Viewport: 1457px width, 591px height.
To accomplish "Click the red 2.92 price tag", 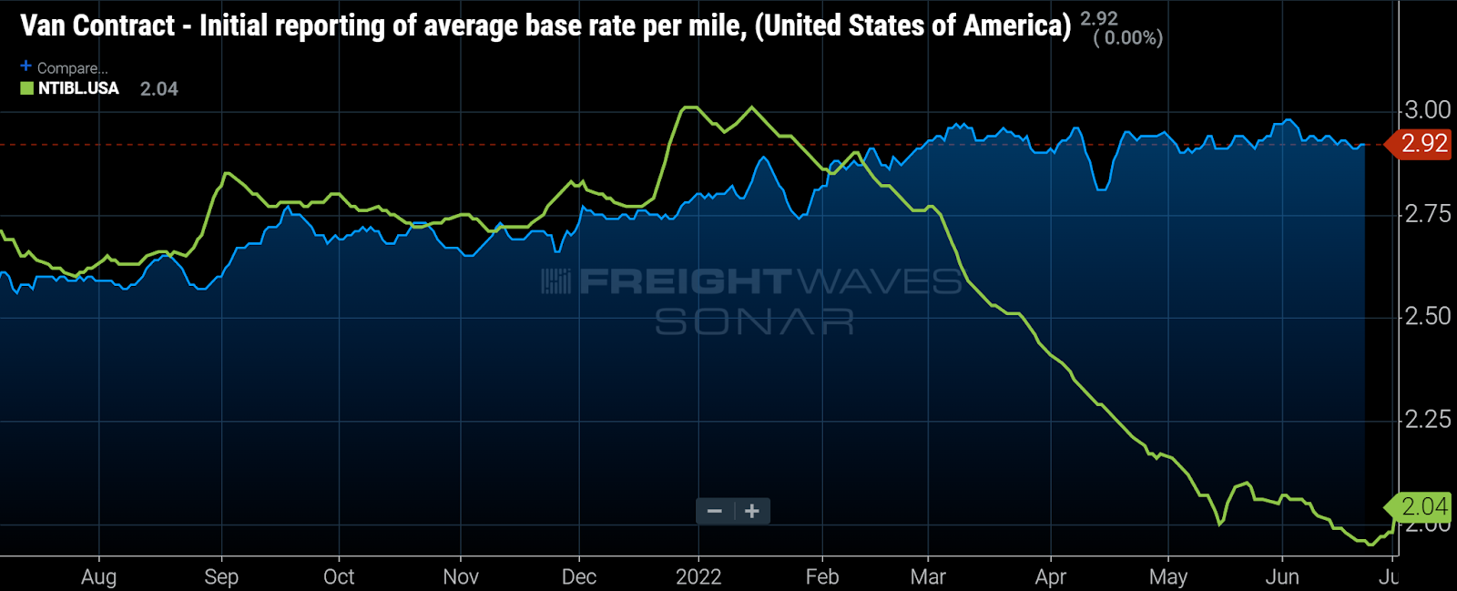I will click(1422, 144).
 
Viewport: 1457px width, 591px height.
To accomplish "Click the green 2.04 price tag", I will click(1422, 506).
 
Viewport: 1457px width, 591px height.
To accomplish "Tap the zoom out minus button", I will click(715, 511).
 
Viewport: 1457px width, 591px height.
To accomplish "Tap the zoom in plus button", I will click(752, 511).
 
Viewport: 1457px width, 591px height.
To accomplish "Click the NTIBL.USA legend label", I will click(78, 88).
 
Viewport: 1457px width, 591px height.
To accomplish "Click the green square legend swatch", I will click(27, 88).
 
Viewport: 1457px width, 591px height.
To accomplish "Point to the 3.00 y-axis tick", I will click(1427, 110).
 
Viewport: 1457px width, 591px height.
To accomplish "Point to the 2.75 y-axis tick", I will click(1427, 214).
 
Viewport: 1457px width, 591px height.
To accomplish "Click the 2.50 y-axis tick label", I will click(1427, 317).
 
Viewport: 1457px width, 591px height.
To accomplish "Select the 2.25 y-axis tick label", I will click(1427, 420).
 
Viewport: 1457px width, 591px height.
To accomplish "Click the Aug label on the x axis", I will click(98, 576).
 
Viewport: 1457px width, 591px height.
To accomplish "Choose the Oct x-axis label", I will click(339, 576).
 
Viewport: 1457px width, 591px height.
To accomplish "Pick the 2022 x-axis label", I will click(698, 576).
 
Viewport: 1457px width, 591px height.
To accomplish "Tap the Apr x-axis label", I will click(1051, 576).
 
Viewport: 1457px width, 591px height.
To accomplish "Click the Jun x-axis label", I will click(1282, 576).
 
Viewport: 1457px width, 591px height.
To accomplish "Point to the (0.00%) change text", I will click(1128, 38).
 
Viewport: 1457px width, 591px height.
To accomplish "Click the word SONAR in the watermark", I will click(754, 321).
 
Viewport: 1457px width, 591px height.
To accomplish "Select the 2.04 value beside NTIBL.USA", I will click(158, 89).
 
